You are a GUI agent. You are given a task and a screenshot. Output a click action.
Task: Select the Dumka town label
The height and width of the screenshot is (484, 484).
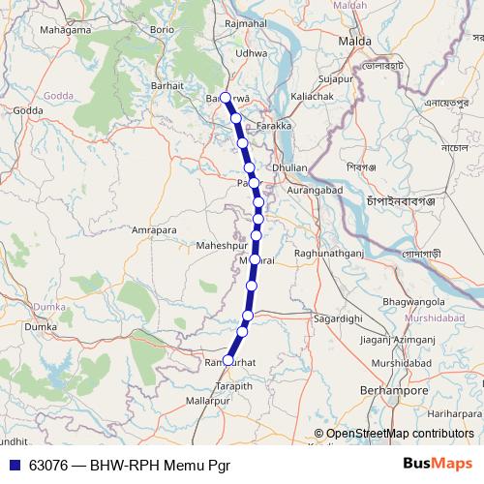41,327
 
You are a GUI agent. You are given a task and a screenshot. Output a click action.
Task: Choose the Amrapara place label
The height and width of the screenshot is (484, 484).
156,231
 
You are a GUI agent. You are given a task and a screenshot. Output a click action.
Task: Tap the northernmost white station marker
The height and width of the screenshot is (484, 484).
226,97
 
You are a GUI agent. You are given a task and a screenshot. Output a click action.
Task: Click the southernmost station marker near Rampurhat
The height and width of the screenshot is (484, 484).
227,360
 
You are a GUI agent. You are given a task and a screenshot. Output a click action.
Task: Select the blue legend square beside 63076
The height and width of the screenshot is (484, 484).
13,465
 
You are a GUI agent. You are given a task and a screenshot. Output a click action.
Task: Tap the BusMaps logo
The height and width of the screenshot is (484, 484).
438,464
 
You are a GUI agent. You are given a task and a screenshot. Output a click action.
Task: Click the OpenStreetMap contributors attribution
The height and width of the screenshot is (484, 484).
400,434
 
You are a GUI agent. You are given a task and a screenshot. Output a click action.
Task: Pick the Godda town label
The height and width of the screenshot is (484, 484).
27,110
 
